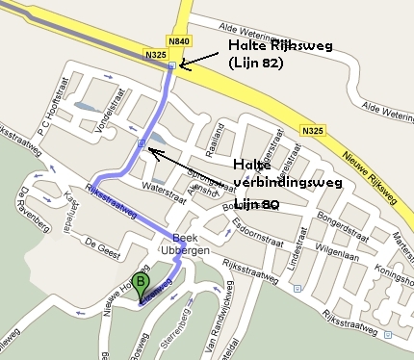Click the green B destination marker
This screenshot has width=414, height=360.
[x=141, y=285]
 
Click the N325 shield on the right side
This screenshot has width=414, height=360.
[x=312, y=130]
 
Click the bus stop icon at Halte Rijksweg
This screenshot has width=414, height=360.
[x=171, y=66]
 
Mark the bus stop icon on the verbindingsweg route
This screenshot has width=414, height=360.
[x=142, y=144]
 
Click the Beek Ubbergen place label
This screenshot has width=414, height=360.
[x=185, y=245]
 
